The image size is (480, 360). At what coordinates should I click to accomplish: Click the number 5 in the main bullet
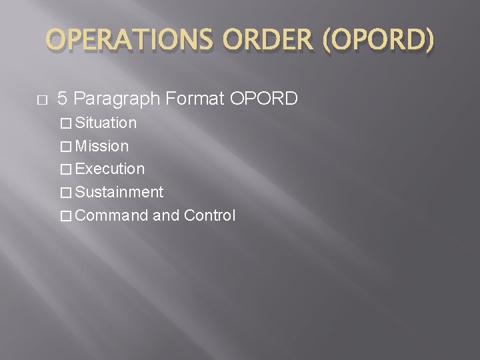(x=62, y=99)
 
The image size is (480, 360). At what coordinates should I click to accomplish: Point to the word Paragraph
(x=117, y=100)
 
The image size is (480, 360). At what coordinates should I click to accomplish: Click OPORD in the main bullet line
(x=264, y=99)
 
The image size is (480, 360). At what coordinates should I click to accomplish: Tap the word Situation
(x=106, y=123)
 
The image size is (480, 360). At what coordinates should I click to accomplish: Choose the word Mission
(x=103, y=146)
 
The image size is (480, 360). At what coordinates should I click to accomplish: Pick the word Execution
(x=110, y=169)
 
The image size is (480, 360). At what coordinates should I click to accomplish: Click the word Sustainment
(x=119, y=193)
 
